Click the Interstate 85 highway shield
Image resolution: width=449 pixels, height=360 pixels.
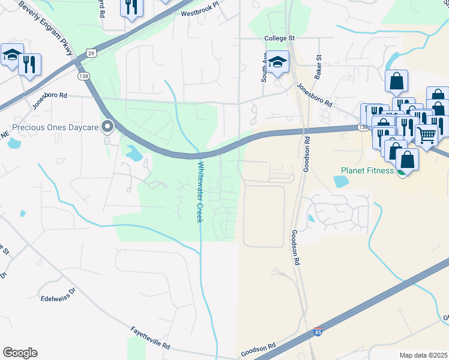[318, 332]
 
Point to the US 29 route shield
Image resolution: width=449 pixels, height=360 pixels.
[90, 53]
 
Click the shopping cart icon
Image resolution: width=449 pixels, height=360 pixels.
[426, 136]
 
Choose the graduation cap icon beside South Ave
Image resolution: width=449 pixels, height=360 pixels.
[278, 61]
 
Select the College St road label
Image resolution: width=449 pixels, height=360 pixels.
[280, 38]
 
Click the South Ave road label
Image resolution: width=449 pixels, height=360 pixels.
[264, 70]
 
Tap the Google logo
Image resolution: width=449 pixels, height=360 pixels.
[20, 353]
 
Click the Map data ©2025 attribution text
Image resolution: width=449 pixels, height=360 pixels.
[423, 355]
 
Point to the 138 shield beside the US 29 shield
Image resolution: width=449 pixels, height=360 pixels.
[83, 76]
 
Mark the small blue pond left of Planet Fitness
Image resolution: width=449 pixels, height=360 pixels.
[340, 181]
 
